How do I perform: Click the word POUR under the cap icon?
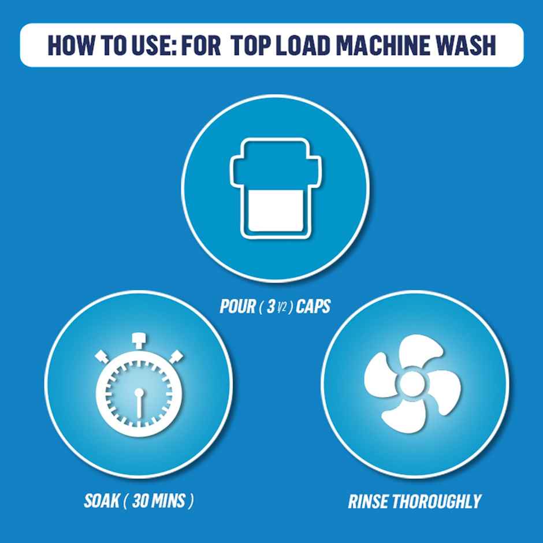pos(237,306)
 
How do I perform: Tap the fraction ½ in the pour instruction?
pos(283,307)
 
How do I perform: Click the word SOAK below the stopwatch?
pos(102,500)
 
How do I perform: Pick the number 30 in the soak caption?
pos(140,500)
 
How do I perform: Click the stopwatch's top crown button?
pos(139,340)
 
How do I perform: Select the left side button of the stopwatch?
pos(102,357)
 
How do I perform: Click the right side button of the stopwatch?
pos(176,357)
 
